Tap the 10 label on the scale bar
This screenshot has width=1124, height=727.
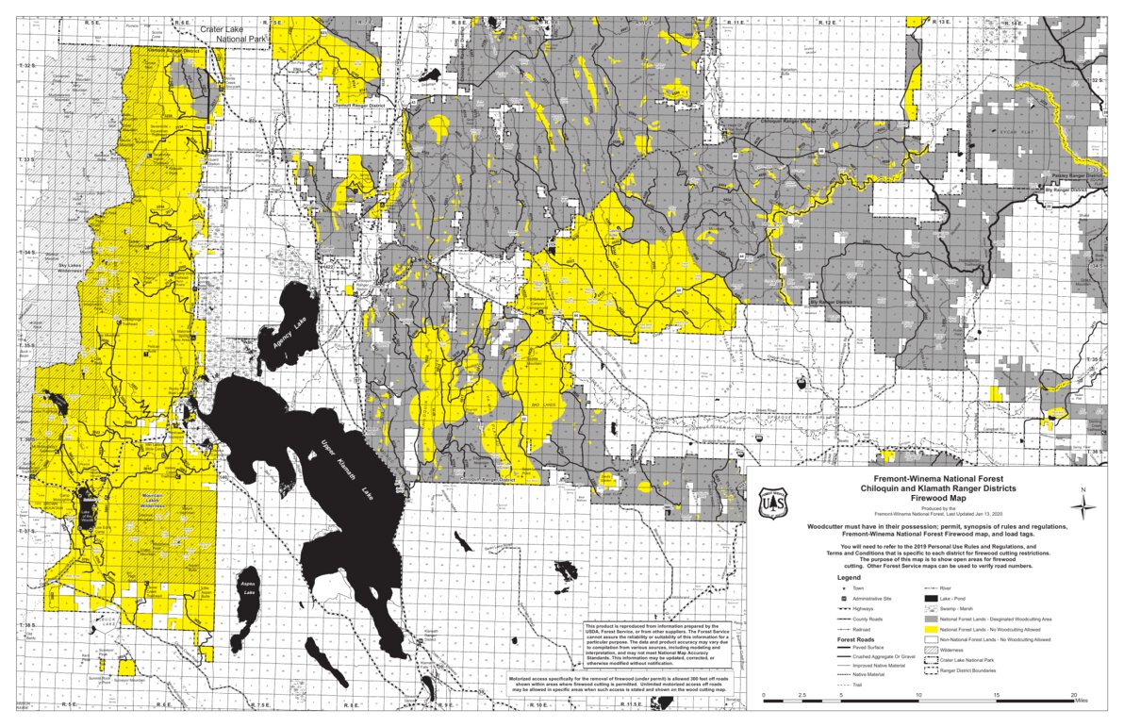coord(917,695)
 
